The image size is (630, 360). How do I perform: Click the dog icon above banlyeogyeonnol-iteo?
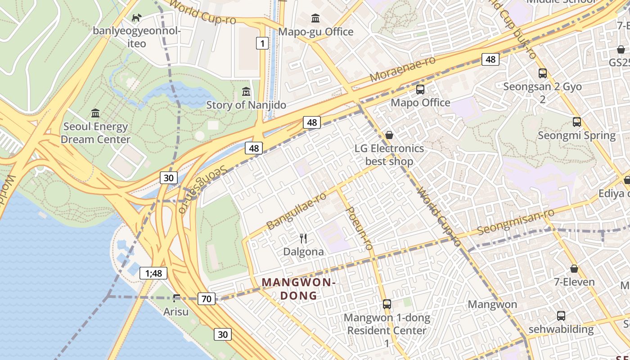pos(136,18)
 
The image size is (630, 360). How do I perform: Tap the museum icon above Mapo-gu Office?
pos(316,18)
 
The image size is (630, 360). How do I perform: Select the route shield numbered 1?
pos(262,43)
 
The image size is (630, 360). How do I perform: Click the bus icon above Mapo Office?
pos(420,89)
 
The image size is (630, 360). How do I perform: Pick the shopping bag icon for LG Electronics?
pos(389,135)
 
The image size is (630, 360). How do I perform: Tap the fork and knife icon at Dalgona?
pos(303,238)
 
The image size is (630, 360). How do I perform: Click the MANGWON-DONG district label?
pos(299,289)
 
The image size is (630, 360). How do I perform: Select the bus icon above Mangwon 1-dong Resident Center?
pos(387,304)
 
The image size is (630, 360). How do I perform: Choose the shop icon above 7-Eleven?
pos(574,269)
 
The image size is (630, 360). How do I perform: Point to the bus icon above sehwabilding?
pos(561,316)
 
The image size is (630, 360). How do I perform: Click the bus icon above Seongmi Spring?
pos(576,121)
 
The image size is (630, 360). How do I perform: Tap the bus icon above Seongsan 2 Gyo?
pos(543,73)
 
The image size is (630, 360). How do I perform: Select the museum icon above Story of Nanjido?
pos(246,92)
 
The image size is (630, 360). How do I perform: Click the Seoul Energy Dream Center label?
pos(95,133)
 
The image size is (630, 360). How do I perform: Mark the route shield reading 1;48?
pos(153,273)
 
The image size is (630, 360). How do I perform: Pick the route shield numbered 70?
pos(207,298)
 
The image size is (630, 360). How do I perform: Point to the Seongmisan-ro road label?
pos(516,222)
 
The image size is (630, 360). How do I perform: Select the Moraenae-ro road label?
pos(403,69)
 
